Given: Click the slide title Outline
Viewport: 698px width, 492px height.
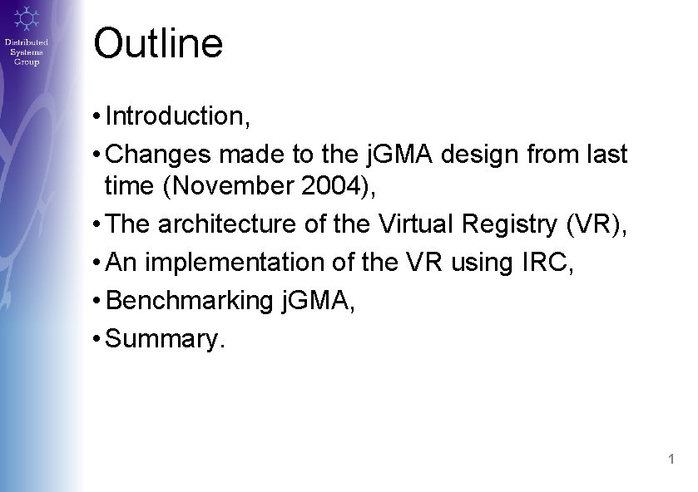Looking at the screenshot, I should click(x=158, y=43).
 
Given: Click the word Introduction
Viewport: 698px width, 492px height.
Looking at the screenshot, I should click(x=175, y=116).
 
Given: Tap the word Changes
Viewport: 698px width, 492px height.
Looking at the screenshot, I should click(x=159, y=154).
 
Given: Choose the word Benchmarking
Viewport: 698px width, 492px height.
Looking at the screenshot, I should click(x=191, y=300).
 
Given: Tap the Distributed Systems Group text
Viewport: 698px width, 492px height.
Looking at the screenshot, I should click(x=27, y=52).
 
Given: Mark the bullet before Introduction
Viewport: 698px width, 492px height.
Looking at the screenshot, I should click(x=98, y=116).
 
